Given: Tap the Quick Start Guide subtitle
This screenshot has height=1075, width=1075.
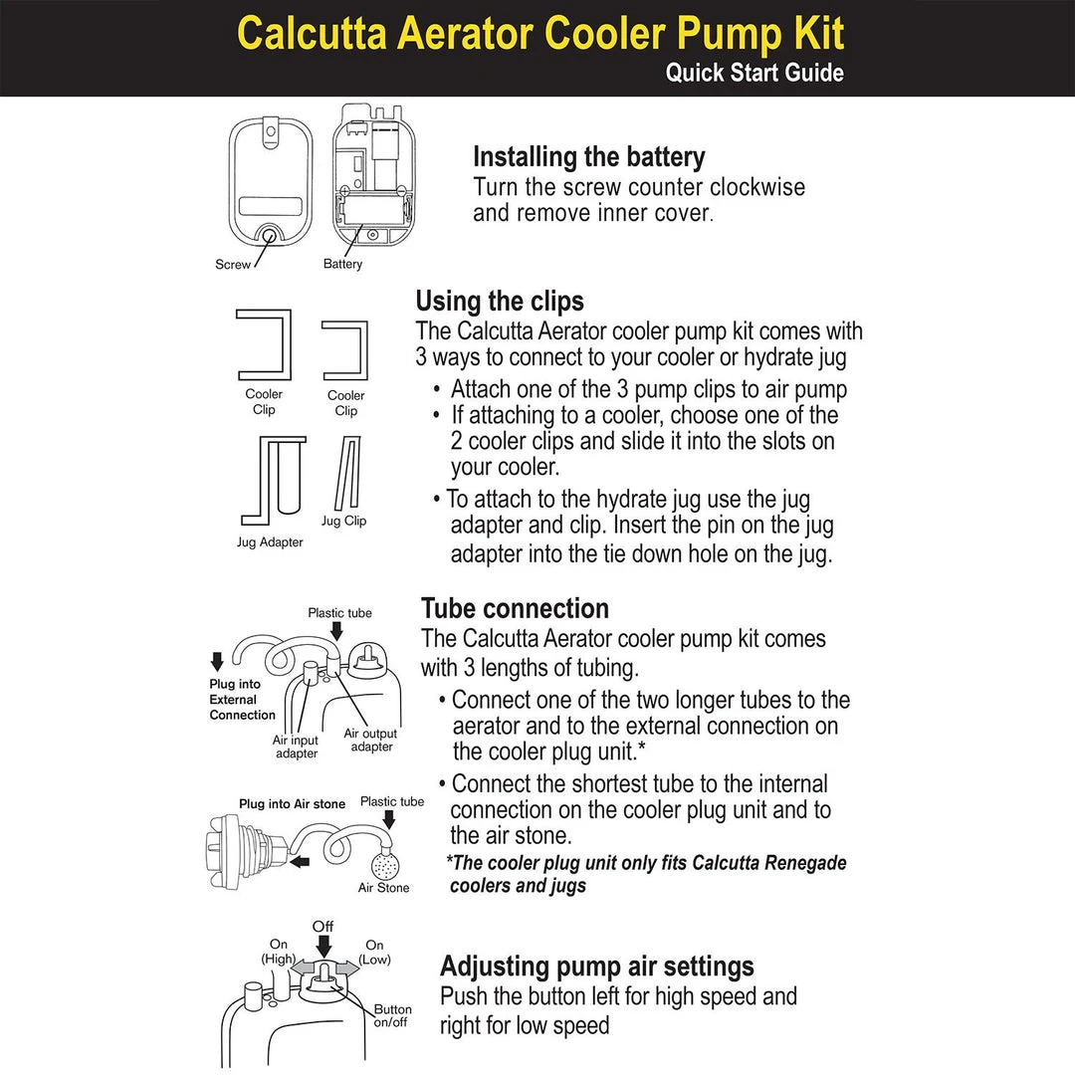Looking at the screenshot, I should [753, 73].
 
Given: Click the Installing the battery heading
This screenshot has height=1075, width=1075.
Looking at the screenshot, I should [588, 157].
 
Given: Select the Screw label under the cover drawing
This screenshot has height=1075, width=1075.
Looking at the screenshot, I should [233, 265].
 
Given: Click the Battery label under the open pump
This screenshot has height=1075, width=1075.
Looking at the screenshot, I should [342, 265].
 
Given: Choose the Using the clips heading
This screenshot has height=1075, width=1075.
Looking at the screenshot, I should [500, 301].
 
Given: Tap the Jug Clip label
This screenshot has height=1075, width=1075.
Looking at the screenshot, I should [343, 521].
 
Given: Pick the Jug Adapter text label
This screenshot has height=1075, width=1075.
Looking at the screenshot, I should [270, 542].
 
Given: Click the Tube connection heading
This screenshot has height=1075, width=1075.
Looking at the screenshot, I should [515, 608].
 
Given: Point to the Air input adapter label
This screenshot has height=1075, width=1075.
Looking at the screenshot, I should [296, 747].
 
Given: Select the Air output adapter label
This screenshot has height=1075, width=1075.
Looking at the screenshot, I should [370, 740].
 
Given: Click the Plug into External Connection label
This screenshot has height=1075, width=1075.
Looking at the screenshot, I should [242, 700].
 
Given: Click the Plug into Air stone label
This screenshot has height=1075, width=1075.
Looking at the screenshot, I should [292, 803].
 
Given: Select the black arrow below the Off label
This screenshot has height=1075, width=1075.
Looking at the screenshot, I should [322, 947].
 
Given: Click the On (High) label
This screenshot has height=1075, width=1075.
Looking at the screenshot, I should [278, 952].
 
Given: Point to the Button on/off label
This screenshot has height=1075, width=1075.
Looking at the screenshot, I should [392, 1015].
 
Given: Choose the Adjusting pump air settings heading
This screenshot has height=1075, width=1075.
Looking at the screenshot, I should [597, 966].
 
